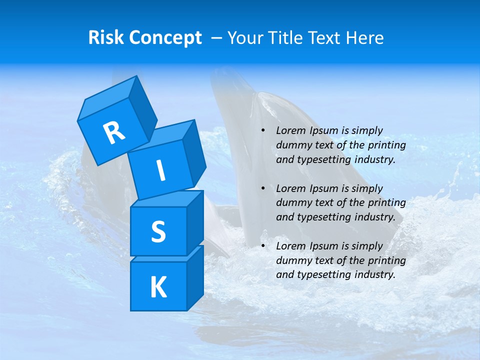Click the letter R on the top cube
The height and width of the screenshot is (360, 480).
point(114,132)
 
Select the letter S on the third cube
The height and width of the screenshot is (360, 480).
point(158,231)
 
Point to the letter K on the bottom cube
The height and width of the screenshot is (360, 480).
point(158,287)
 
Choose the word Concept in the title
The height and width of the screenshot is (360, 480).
point(164,38)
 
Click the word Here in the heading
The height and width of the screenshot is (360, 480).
point(364,38)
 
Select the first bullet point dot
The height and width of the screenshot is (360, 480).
point(263,131)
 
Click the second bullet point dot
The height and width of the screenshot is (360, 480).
point(263,188)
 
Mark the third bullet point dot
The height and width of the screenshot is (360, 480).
point(263,246)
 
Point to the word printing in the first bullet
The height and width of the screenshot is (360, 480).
point(387,145)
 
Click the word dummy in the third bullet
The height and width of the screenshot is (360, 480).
point(291,260)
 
